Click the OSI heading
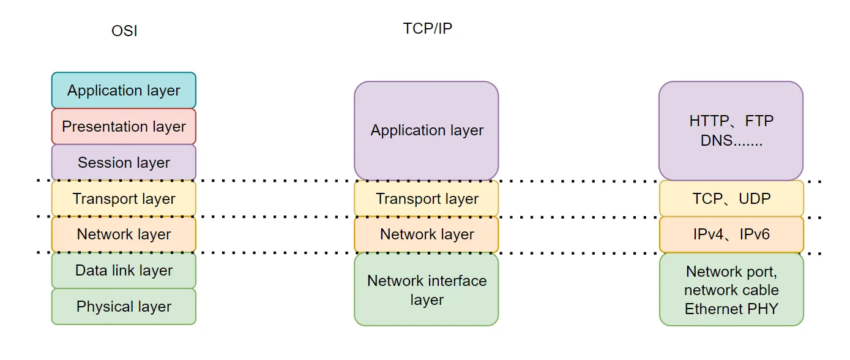(x=124, y=31)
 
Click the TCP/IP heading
(x=427, y=28)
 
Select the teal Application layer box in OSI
(x=124, y=91)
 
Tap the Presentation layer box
(x=124, y=127)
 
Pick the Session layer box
(x=124, y=163)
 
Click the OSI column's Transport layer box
(x=124, y=199)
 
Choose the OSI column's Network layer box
(x=124, y=234)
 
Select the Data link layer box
(x=124, y=271)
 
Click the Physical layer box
(x=124, y=307)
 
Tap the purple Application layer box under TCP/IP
(x=427, y=130)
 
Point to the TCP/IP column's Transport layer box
(x=427, y=199)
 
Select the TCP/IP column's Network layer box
(x=427, y=234)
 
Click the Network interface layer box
(x=427, y=290)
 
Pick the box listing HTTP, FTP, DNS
(x=731, y=130)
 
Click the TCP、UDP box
(x=731, y=199)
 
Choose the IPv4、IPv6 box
(x=731, y=234)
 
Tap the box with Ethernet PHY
(x=731, y=290)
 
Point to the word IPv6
(x=754, y=234)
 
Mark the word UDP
(x=755, y=199)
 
